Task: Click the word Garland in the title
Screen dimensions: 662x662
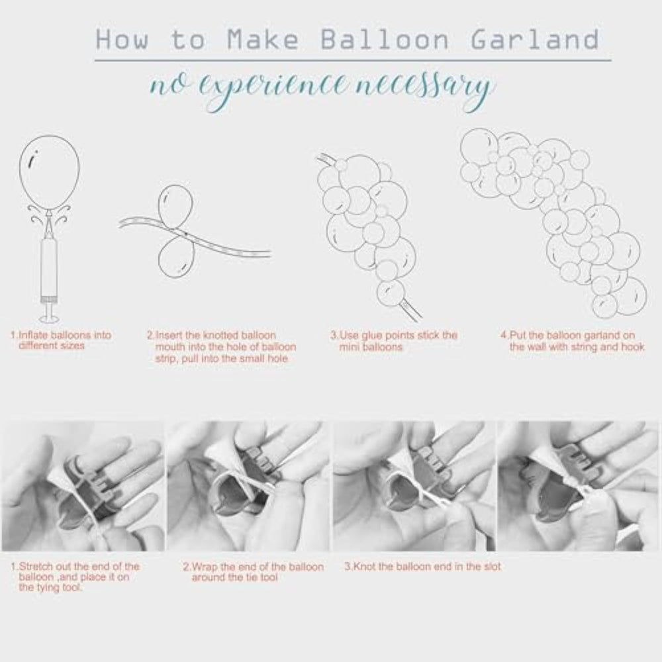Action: (534, 40)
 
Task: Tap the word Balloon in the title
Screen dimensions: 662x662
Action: (384, 40)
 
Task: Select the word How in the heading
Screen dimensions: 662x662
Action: (122, 40)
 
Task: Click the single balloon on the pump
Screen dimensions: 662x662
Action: (49, 173)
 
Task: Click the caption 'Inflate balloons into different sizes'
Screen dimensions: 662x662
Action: (61, 340)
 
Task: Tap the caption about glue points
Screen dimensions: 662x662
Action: (394, 341)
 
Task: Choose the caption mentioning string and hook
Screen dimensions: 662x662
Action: (573, 341)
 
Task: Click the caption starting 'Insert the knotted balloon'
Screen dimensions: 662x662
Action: (221, 347)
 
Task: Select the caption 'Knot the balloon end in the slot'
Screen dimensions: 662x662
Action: (422, 566)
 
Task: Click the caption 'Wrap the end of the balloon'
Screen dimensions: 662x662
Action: (254, 572)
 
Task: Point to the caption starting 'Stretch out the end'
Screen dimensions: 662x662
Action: (75, 577)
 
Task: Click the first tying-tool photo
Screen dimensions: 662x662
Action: (83, 486)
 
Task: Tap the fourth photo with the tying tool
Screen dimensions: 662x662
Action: (578, 486)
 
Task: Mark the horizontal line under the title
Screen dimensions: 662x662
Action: (353, 60)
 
